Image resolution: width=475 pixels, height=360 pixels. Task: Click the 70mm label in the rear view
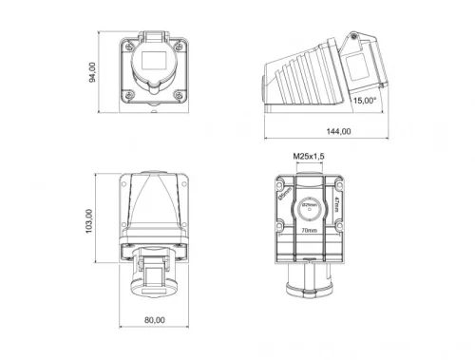[x=309, y=230]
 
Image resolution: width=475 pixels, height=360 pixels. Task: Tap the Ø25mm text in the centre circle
[x=309, y=205]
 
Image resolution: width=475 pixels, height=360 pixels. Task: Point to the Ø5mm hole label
[x=283, y=195]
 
